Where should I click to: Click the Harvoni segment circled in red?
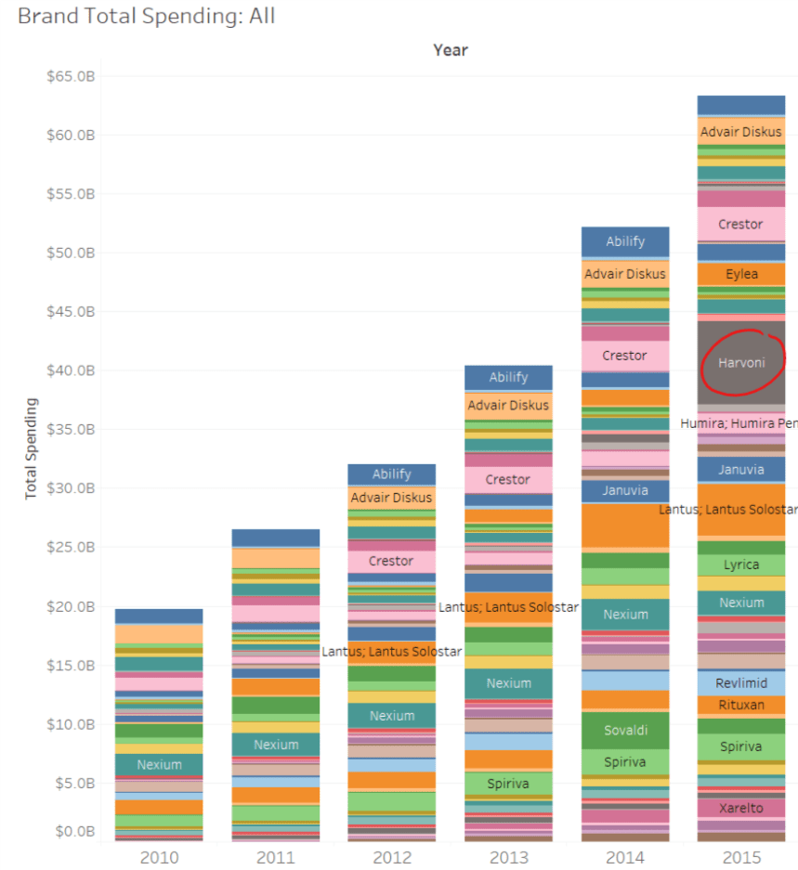pyautogui.click(x=741, y=363)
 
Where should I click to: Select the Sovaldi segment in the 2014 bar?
pyautogui.click(x=625, y=730)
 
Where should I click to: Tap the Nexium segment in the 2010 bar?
pyautogui.click(x=159, y=764)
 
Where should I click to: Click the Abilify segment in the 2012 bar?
pyautogui.click(x=391, y=474)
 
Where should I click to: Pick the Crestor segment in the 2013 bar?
pyautogui.click(x=508, y=479)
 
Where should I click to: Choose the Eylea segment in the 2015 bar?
pyautogui.click(x=741, y=274)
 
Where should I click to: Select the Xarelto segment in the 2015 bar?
pyautogui.click(x=741, y=808)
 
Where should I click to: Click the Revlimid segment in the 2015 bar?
pyautogui.click(x=741, y=682)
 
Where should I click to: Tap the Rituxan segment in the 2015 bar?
pyautogui.click(x=741, y=705)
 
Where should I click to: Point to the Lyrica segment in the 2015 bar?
pyautogui.click(x=741, y=565)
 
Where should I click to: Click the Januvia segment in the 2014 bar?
pyautogui.click(x=625, y=490)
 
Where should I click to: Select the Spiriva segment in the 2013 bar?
pyautogui.click(x=508, y=784)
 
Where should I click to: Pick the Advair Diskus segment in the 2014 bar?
pyautogui.click(x=625, y=274)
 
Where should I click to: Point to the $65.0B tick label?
pyautogui.click(x=71, y=76)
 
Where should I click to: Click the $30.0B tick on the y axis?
pyautogui.click(x=71, y=488)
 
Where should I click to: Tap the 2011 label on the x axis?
pyautogui.click(x=276, y=856)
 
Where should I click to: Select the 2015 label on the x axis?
pyautogui.click(x=741, y=856)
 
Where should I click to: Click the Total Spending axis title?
pyautogui.click(x=32, y=448)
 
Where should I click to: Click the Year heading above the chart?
pyautogui.click(x=451, y=50)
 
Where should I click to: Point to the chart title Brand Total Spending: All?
pyautogui.click(x=147, y=16)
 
